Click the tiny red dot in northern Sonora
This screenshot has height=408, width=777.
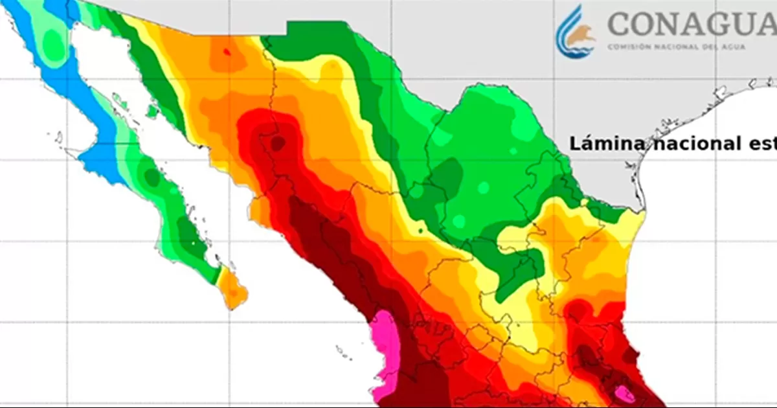226,52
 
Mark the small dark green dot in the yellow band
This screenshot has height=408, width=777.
421,231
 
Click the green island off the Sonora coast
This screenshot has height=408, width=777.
153,111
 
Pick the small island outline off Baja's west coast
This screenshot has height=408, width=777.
59,137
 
